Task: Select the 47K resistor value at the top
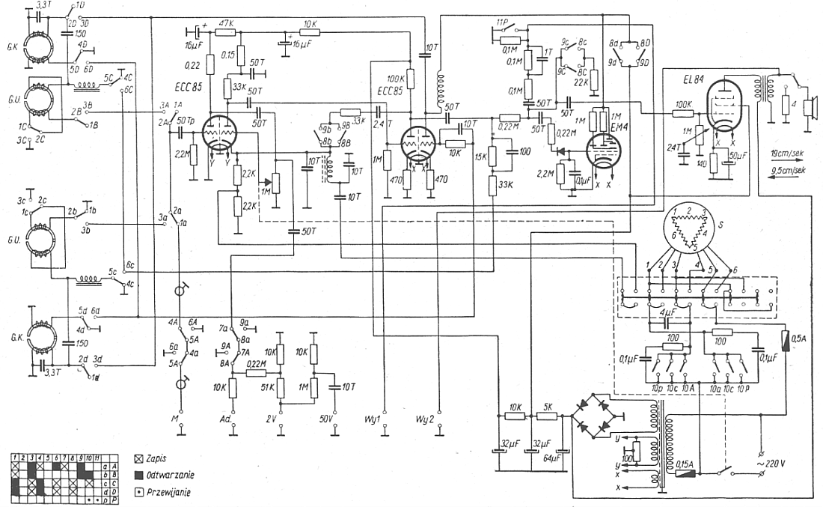click(x=227, y=24)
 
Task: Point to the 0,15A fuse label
click(x=684, y=464)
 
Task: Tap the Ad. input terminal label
click(x=233, y=416)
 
